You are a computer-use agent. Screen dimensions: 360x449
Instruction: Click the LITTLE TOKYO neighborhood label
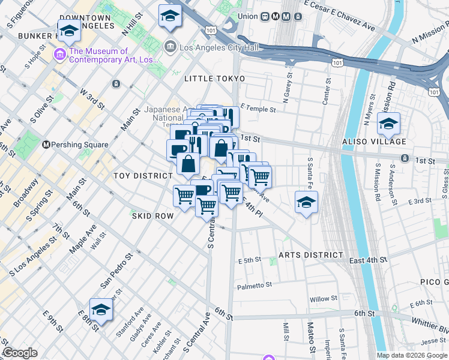pos(214,79)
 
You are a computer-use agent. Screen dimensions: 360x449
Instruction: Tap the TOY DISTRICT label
pos(143,175)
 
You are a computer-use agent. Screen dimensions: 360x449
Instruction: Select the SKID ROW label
pos(152,214)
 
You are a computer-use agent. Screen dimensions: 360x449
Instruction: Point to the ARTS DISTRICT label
pos(315,255)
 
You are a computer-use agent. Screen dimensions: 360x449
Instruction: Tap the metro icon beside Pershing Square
pos(46,145)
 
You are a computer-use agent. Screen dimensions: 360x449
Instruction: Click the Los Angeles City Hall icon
pos(170,46)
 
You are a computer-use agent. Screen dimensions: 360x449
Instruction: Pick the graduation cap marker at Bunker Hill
pos(69,30)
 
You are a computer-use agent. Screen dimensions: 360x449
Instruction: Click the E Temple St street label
pos(258,109)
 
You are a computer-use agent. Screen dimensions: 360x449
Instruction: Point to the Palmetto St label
pos(255,286)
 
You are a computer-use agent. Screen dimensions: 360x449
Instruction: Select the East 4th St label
pos(368,259)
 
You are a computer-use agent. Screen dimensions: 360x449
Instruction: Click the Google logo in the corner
pos(20,353)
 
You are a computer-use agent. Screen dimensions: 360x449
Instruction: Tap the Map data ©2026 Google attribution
pos(412,355)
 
